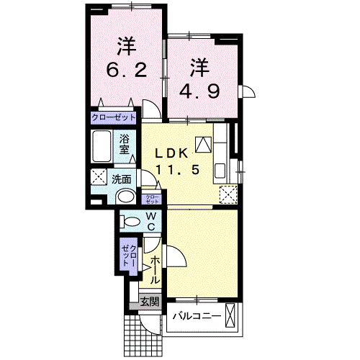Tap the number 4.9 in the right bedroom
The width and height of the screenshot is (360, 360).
point(199,91)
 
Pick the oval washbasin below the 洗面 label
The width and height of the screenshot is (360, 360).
point(127,197)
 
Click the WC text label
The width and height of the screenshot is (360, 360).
point(153,221)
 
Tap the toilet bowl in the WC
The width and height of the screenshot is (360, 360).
point(131,221)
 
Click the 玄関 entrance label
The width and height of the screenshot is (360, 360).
point(148,302)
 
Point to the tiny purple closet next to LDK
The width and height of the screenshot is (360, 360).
point(153,199)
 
